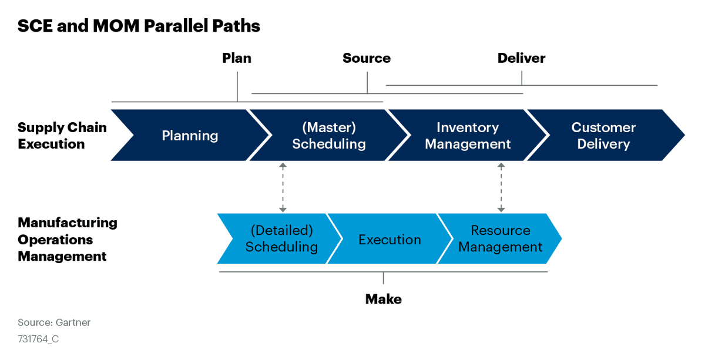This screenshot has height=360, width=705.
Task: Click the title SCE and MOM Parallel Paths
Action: (x=139, y=26)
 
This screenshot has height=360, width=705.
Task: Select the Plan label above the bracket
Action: (x=237, y=58)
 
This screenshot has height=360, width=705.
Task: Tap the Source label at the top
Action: (x=367, y=58)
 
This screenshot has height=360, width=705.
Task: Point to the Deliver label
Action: (x=521, y=58)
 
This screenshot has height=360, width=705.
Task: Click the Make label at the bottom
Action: (x=383, y=299)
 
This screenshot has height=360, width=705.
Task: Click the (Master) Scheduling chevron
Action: (x=328, y=136)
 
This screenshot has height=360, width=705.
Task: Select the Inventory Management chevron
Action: (x=467, y=136)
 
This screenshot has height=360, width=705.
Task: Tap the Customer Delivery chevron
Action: (x=603, y=136)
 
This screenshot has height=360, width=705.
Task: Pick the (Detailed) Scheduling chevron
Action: (x=281, y=239)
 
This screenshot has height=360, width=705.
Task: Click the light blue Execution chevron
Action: (x=390, y=240)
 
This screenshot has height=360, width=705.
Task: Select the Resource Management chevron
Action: (x=500, y=239)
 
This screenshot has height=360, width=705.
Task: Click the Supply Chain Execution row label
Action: (x=62, y=136)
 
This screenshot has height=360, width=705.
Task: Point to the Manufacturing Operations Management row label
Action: (x=67, y=239)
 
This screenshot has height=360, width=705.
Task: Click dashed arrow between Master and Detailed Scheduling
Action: (x=283, y=187)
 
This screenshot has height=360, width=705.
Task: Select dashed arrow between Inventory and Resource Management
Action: (x=501, y=187)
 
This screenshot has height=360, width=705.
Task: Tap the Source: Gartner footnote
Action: (x=54, y=322)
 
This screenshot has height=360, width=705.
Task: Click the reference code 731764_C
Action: (x=38, y=339)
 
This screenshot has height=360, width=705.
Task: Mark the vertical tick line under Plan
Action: (x=237, y=87)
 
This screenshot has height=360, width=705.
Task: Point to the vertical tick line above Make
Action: (x=383, y=278)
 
